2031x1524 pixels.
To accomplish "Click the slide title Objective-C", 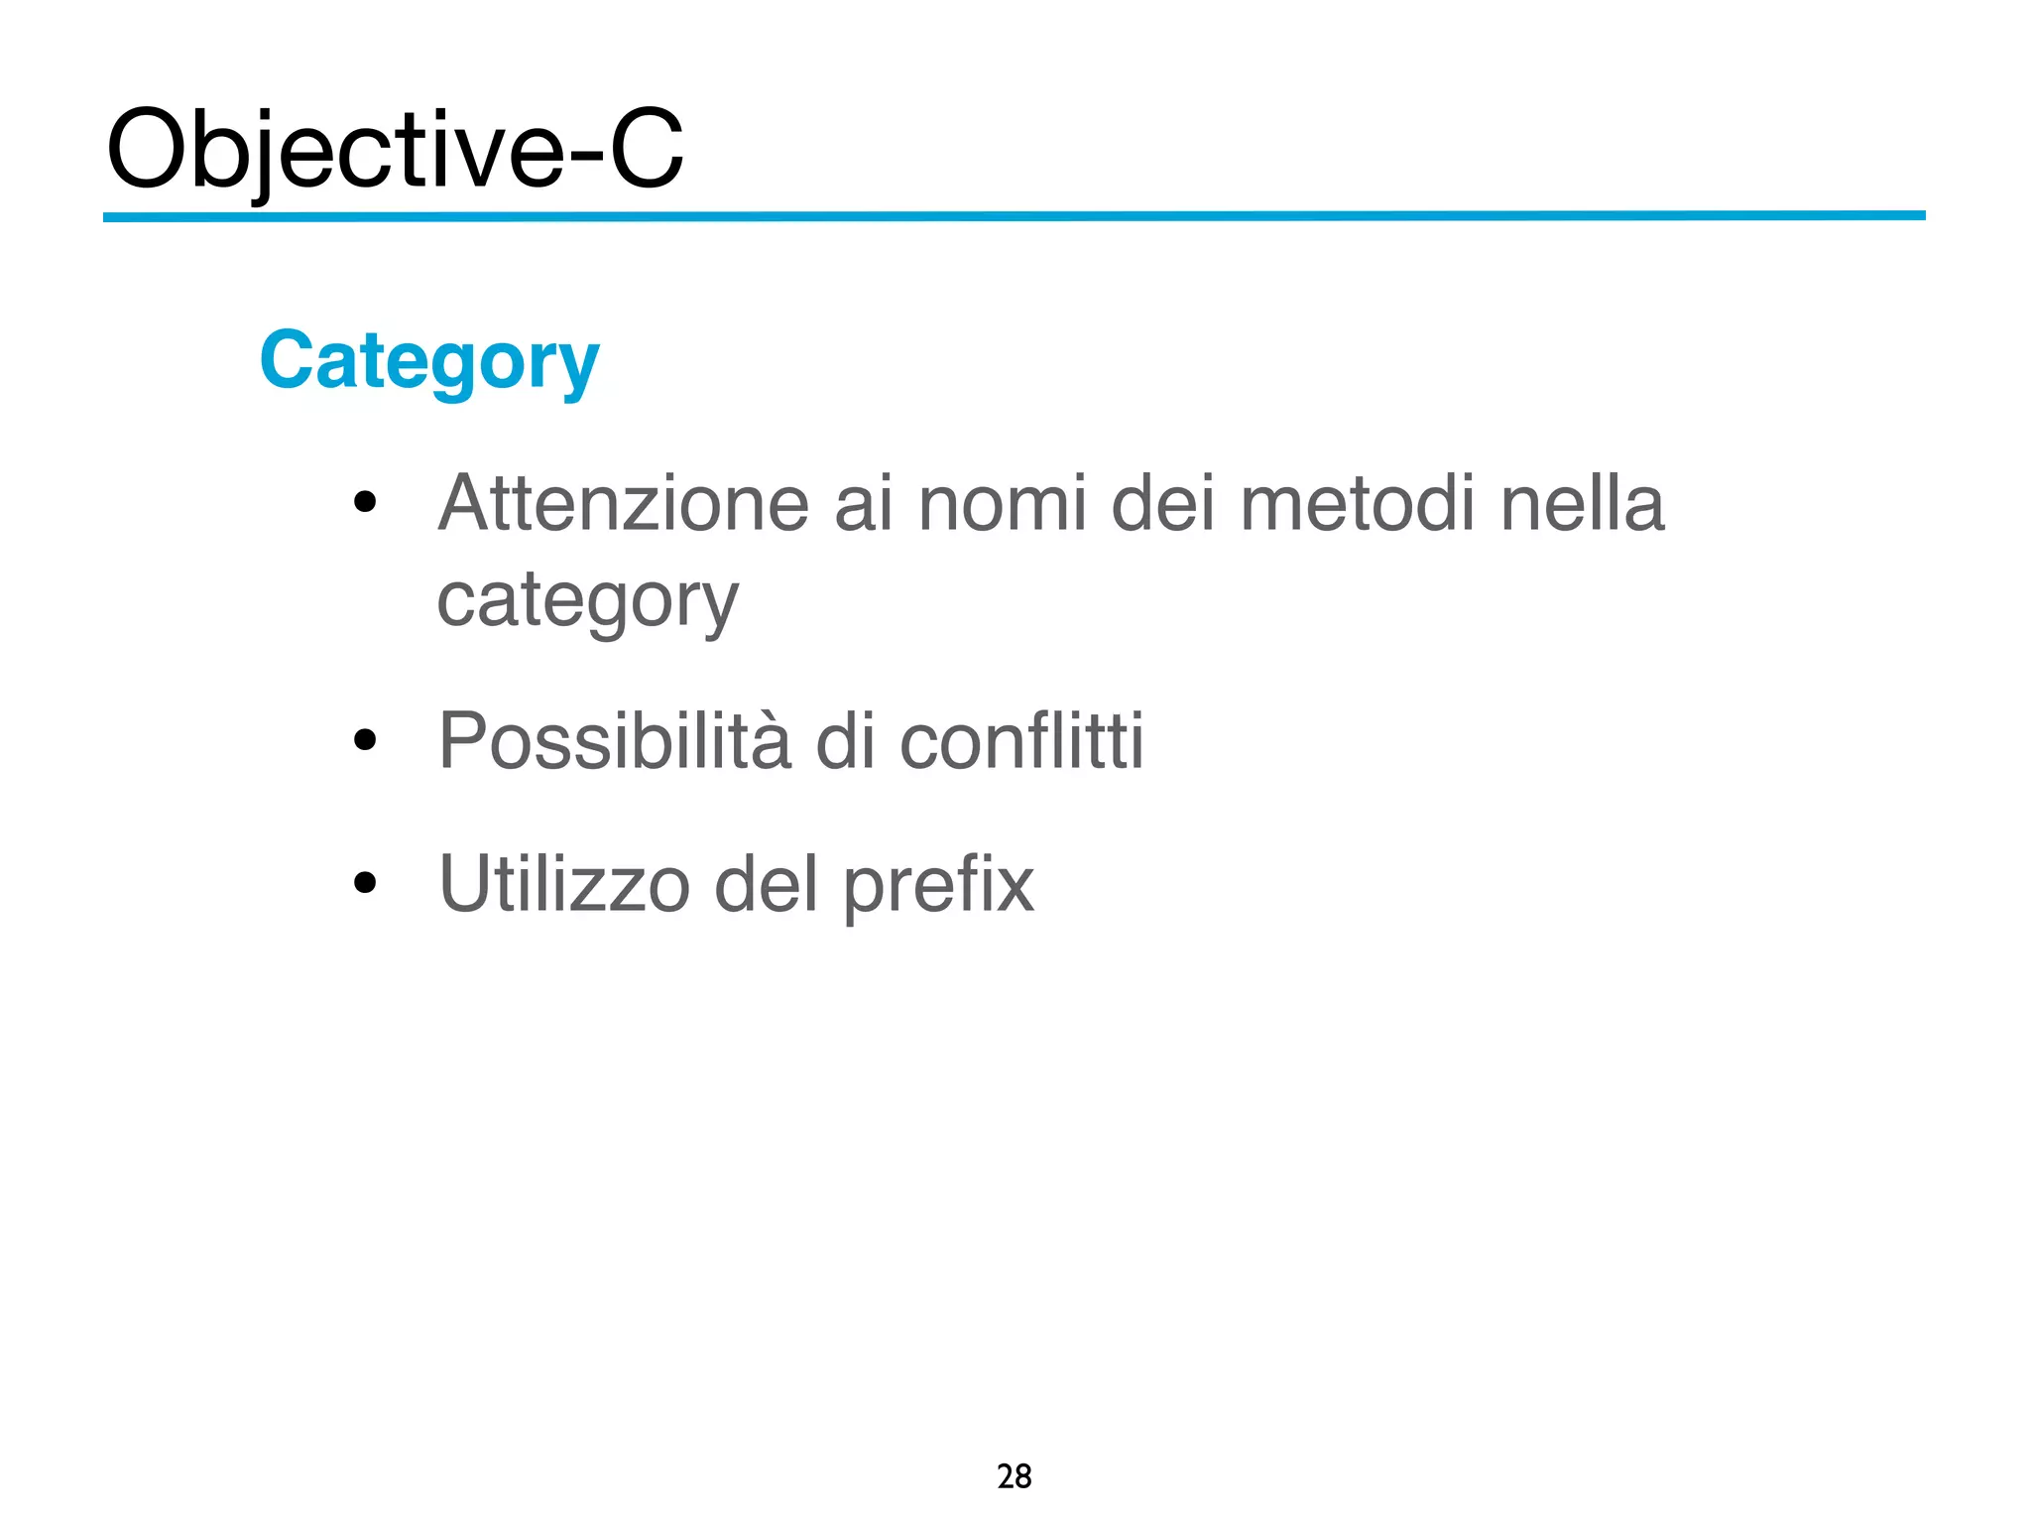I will [395, 149].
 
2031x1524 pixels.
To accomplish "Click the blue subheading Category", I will [428, 361].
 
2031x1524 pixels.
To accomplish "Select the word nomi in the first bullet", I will [1003, 504].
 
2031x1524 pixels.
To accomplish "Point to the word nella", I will [1582, 504].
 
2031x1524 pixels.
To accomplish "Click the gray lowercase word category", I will [587, 601].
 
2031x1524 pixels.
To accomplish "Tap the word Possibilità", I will [615, 742].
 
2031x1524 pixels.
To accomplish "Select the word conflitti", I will [1021, 742].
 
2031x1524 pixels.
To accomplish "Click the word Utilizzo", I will [564, 884].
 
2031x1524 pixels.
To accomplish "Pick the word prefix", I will [938, 886].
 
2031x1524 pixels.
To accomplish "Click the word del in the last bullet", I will [766, 884].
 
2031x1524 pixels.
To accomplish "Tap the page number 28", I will [1014, 1476].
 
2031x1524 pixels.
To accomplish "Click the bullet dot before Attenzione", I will [365, 502].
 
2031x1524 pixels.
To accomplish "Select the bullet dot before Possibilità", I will [365, 740].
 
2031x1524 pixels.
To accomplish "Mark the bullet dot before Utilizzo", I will [365, 882].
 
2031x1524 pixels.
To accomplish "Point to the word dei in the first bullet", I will [1162, 504].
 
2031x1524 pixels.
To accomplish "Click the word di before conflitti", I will [845, 742].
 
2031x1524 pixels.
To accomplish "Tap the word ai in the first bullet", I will [864, 504].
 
